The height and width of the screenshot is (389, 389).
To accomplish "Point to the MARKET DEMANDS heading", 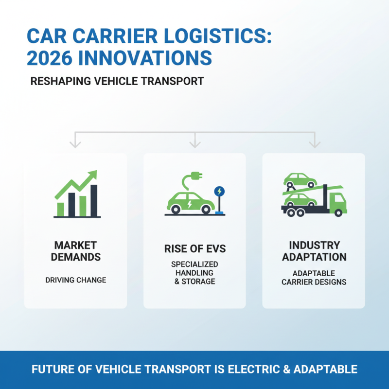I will pyautogui.click(x=75, y=251).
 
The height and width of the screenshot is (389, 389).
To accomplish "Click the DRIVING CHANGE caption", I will pyautogui.click(x=75, y=280).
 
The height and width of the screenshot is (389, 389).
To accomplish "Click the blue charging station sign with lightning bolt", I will pyautogui.click(x=220, y=192).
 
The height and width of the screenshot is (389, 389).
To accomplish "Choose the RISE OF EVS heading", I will pyautogui.click(x=195, y=249).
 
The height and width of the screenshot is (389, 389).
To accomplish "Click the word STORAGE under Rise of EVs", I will pyautogui.click(x=198, y=282).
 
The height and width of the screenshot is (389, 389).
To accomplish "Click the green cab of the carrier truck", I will pyautogui.click(x=337, y=201).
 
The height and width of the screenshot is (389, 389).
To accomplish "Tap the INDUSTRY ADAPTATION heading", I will pyautogui.click(x=314, y=251).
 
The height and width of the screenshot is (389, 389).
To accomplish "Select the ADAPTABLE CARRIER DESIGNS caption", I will pyautogui.click(x=314, y=278).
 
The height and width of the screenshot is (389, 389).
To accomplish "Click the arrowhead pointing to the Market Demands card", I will pyautogui.click(x=75, y=144).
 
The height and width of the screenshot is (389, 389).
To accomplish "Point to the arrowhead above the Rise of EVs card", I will pyautogui.click(x=195, y=144).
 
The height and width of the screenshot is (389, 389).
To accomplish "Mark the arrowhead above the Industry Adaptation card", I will pyautogui.click(x=315, y=144).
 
